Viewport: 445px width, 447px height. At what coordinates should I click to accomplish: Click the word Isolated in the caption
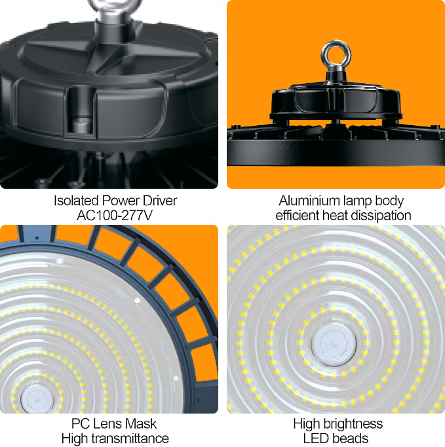point(76,201)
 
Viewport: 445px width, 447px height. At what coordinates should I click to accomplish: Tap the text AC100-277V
point(115,215)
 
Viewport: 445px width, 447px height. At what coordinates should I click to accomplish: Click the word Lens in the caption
point(108,423)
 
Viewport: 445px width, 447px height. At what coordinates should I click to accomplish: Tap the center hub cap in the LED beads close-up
point(334,344)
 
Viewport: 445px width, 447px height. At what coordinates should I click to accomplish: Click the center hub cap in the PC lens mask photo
point(37,398)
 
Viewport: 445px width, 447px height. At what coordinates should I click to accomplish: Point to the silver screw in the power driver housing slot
point(82,125)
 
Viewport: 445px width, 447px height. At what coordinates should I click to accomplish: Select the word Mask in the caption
point(141,423)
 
